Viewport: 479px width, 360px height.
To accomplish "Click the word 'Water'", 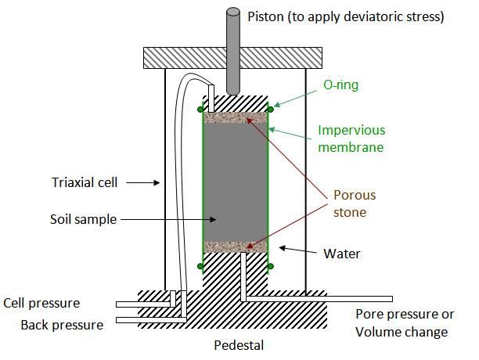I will click(x=341, y=253).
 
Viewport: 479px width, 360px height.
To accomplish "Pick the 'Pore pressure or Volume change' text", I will click(x=405, y=323).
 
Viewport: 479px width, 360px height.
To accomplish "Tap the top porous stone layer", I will click(x=235, y=119).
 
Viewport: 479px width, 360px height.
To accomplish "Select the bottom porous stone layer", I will click(x=235, y=247).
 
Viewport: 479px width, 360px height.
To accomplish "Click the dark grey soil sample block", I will click(x=235, y=182).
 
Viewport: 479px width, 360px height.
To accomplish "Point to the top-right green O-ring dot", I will click(x=270, y=109).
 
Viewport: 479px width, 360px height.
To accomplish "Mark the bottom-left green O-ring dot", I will click(x=201, y=266).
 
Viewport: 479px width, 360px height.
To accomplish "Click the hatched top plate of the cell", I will click(x=188, y=57).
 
